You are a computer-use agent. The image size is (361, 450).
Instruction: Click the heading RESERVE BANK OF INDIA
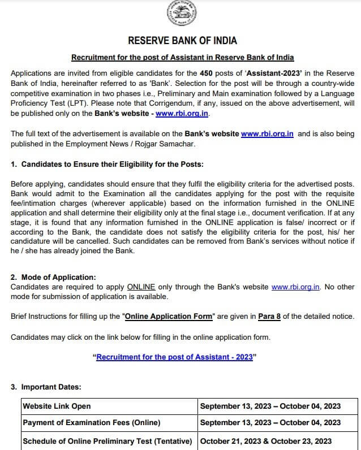182,41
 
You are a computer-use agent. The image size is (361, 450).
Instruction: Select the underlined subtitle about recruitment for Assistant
182,58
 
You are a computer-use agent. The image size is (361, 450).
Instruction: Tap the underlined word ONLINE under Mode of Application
141,287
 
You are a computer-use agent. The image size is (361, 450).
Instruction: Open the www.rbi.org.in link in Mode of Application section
296,287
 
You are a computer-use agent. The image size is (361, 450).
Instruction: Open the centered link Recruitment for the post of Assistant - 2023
175,357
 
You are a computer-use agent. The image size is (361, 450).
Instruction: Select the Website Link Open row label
57,406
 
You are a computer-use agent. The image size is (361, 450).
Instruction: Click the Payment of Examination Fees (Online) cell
91,422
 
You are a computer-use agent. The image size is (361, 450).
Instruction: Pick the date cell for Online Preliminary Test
266,441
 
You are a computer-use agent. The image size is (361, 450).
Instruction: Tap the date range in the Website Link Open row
270,406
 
